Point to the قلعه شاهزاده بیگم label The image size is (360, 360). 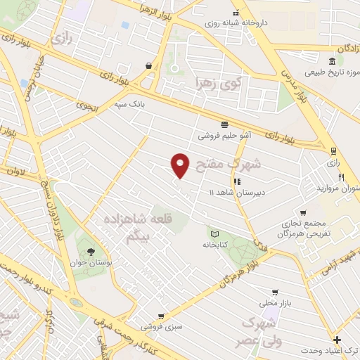[138, 229]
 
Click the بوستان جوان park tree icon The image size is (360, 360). [89, 252]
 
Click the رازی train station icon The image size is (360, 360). [333, 150]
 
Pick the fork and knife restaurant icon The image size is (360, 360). [340, 178]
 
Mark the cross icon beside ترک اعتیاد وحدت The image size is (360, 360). [337, 339]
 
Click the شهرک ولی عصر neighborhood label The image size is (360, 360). [261, 333]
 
